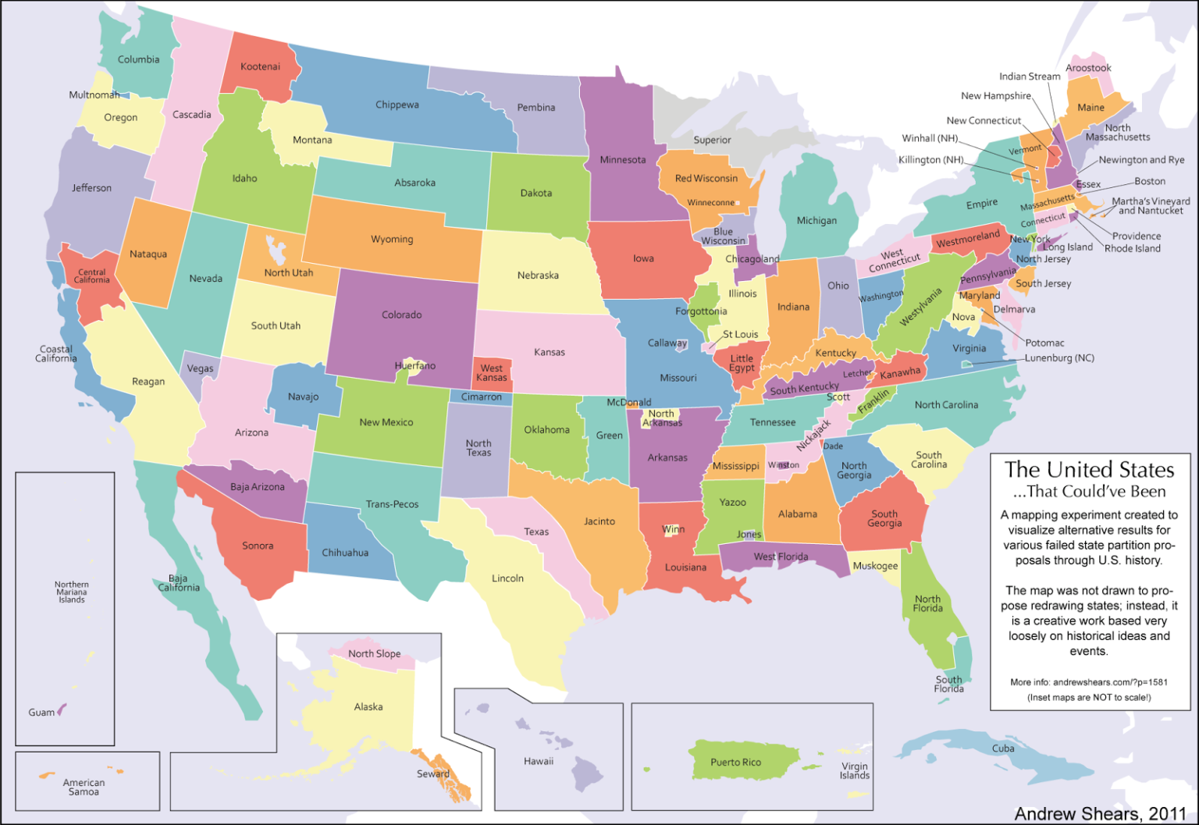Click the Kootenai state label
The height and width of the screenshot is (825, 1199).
[260, 66]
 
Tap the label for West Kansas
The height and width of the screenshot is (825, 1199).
[492, 373]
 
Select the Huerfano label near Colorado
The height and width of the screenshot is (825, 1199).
[415, 365]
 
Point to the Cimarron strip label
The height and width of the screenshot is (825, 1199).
[481, 396]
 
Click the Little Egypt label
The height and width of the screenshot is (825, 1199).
[742, 364]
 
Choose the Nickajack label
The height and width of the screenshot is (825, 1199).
[813, 435]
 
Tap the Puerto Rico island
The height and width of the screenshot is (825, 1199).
[735, 762]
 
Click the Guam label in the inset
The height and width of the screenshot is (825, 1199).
[41, 712]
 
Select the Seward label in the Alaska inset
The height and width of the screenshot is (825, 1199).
[432, 773]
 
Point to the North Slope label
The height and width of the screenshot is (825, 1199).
[374, 653]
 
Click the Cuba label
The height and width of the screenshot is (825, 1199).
[1003, 748]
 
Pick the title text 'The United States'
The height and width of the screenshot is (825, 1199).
[1089, 470]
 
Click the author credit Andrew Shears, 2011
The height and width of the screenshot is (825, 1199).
[1100, 813]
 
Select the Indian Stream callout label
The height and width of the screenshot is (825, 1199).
[1030, 76]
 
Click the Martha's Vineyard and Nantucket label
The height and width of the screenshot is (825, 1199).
[1151, 206]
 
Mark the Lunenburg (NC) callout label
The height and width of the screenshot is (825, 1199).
[1059, 357]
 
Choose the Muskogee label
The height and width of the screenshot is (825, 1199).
[875, 566]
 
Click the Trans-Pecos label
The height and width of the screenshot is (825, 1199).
[392, 504]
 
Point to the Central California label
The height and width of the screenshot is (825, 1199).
[92, 276]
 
